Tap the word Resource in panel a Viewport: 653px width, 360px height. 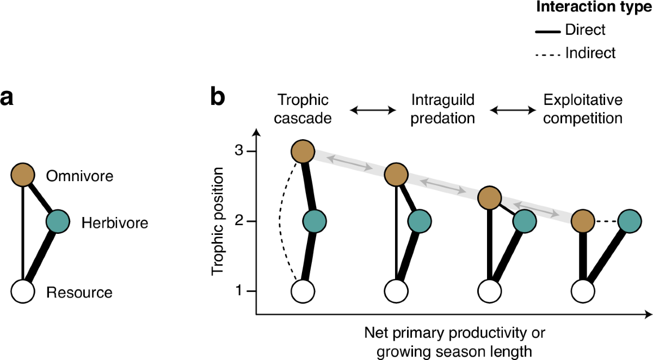pos(79,293)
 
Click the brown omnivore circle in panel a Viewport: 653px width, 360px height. pos(23,175)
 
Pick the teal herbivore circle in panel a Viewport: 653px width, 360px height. pos(58,222)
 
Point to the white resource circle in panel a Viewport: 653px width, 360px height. pos(23,291)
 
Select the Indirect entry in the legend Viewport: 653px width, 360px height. pos(590,53)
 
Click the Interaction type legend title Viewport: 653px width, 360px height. pos(594,8)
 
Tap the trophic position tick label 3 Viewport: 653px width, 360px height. pos(237,151)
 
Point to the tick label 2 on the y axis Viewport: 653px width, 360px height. pos(237,221)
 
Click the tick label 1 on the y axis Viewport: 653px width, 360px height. pos(237,291)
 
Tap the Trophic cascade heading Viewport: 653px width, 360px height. pos(304,109)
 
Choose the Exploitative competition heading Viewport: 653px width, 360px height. pos(583,109)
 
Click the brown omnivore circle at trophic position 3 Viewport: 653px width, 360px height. pos(303,152)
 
